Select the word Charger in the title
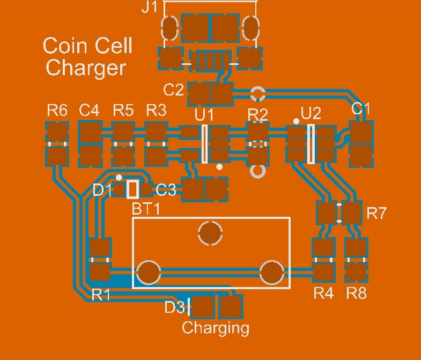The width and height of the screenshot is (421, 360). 86,68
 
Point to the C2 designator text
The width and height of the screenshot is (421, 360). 174,89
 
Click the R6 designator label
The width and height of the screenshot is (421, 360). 57,111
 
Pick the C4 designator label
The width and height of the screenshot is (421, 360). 90,111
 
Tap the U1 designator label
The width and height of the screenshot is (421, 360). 204,115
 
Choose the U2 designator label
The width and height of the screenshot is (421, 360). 311,113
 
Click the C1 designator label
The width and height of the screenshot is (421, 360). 361,109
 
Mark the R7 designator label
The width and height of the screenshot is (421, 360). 376,214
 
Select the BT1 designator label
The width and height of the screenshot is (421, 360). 146,209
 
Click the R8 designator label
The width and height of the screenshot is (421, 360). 357,293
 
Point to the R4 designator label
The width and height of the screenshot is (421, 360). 323,293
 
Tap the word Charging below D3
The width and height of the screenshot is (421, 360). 216,328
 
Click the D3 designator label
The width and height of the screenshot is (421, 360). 174,307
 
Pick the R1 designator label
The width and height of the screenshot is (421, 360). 101,295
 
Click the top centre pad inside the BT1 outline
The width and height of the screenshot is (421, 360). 210,233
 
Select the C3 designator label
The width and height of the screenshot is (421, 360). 166,189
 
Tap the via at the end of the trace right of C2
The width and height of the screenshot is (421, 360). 258,94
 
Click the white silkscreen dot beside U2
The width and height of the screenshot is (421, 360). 296,122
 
